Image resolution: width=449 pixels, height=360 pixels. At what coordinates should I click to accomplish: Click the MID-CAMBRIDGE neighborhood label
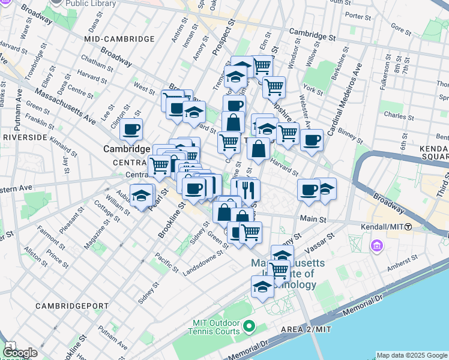(x=119, y=39)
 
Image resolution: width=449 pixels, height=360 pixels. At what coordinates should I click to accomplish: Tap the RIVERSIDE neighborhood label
(x=25, y=137)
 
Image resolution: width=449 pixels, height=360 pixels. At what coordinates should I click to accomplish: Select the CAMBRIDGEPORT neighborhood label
(x=72, y=306)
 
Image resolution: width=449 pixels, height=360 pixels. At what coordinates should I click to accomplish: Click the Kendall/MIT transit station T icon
(x=408, y=227)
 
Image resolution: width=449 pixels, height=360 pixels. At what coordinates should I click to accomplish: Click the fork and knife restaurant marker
(x=244, y=190)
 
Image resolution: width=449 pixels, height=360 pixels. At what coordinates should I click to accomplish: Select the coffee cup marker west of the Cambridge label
(x=131, y=128)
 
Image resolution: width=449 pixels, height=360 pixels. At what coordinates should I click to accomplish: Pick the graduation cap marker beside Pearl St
(x=142, y=195)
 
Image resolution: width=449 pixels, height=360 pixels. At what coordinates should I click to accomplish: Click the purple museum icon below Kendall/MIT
(x=377, y=246)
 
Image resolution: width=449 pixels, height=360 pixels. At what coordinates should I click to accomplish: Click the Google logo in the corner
(x=20, y=353)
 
